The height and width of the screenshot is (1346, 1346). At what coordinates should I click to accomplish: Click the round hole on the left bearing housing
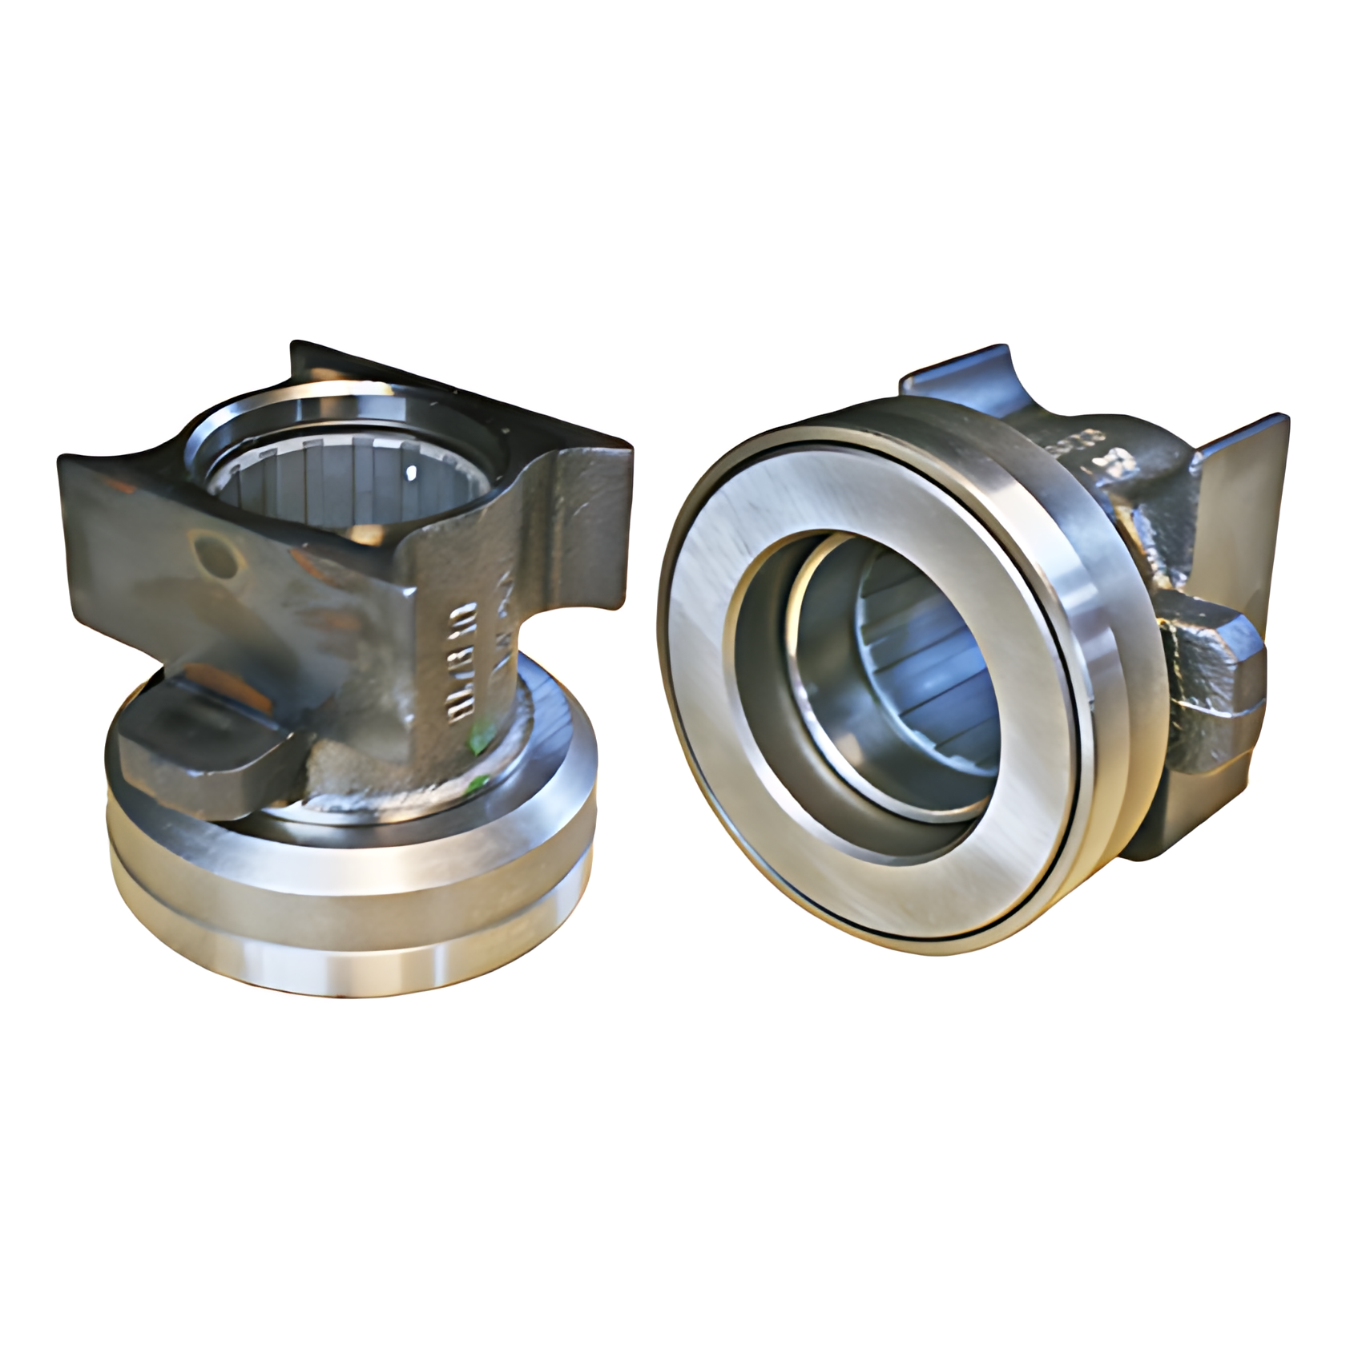tap(215, 554)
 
